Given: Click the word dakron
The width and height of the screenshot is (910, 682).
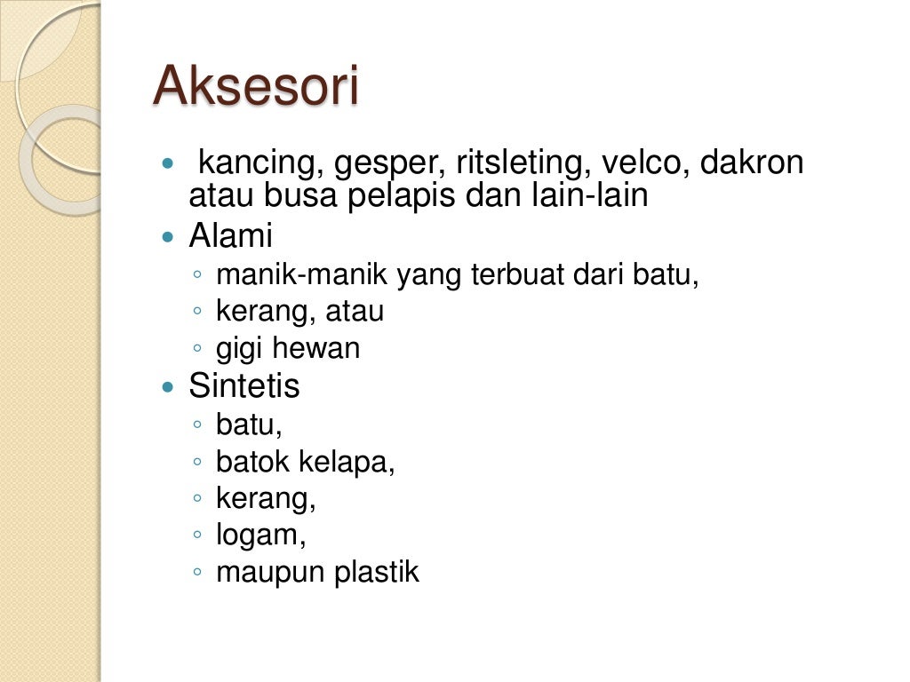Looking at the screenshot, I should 752,164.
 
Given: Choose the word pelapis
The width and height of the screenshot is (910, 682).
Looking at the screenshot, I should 401,196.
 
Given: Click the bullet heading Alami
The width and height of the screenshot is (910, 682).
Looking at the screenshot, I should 230,237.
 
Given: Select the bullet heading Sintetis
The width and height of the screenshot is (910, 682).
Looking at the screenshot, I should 244,386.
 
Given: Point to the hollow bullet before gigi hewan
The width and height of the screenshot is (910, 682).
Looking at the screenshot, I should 197,349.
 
